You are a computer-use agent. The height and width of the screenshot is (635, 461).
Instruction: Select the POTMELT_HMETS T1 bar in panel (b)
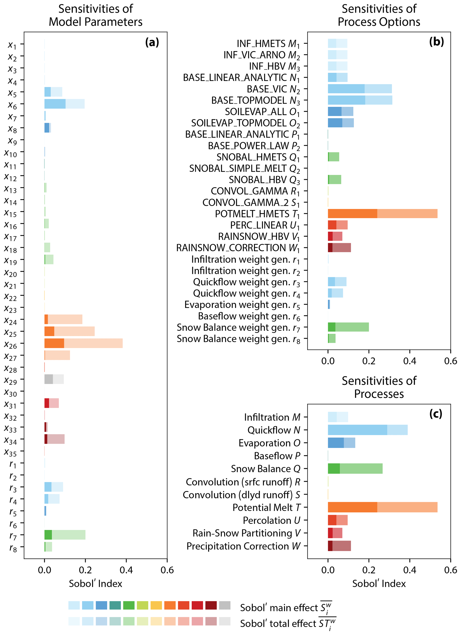tap(382, 214)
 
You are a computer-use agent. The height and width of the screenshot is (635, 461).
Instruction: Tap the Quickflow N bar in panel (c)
tap(368, 430)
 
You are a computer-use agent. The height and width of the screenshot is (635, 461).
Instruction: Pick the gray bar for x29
tap(54, 379)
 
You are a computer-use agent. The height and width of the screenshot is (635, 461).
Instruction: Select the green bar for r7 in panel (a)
tap(65, 535)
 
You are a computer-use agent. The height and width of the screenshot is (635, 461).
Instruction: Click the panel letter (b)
tap(436, 42)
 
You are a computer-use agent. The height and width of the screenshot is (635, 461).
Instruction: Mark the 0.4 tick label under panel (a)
tap(126, 570)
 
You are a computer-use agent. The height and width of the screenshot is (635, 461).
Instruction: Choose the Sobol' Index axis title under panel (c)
tap(379, 583)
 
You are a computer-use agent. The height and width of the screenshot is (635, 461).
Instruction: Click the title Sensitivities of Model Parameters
tap(95, 15)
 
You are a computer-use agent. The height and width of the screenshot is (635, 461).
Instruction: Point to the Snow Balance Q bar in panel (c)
tap(355, 468)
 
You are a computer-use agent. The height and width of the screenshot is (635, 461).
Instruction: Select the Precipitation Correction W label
tap(243, 546)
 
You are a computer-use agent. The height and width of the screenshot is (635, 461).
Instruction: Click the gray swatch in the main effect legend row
tap(225, 605)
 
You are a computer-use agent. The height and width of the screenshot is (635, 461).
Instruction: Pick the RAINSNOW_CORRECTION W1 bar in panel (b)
tap(339, 248)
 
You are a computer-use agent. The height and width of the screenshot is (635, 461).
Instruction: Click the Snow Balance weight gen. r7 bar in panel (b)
tap(348, 327)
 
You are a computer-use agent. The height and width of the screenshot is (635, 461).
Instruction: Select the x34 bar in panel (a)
tap(54, 439)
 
